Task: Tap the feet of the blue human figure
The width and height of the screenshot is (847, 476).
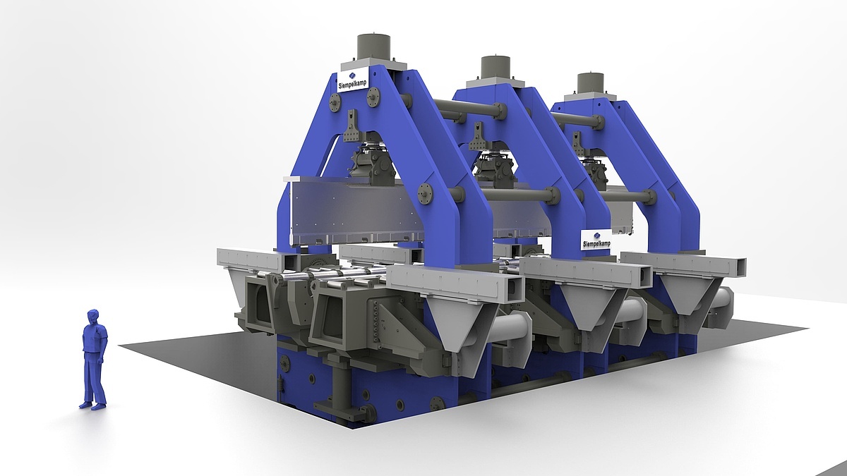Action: point(93,405)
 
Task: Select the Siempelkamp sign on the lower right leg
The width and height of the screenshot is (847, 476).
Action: point(596,240)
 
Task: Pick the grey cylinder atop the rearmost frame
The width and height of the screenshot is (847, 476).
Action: point(590,84)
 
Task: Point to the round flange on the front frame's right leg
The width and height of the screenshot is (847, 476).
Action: point(426,194)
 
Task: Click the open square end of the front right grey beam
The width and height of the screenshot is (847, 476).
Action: point(512,287)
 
